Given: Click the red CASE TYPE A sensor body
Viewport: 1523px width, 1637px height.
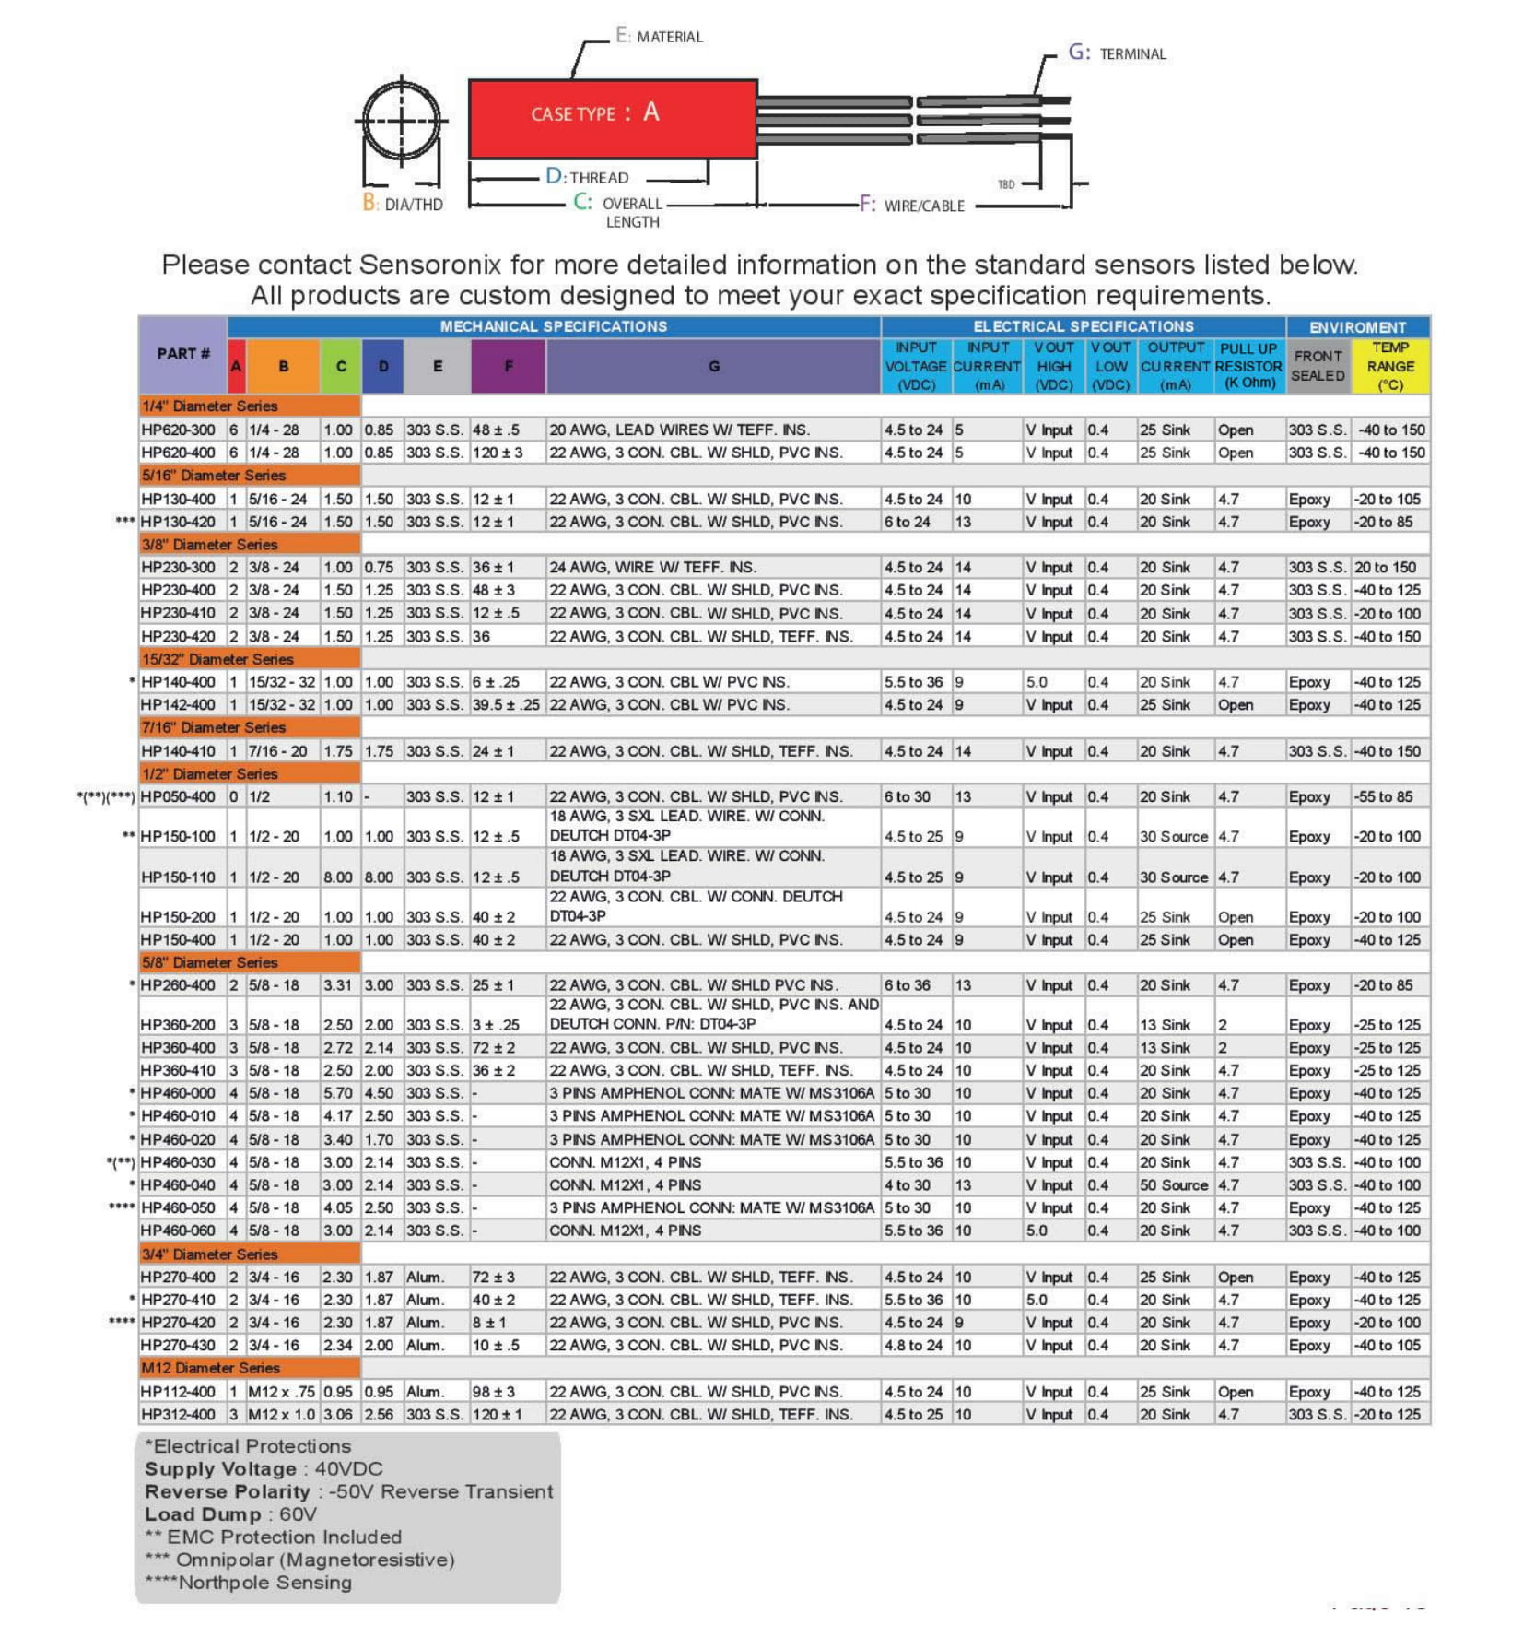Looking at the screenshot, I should (x=612, y=118).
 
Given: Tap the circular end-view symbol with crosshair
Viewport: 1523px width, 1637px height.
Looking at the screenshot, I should (x=401, y=120).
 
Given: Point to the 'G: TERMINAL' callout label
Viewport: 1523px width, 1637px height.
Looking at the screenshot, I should (x=1117, y=53).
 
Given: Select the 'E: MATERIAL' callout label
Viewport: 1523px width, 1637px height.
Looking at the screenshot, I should (x=659, y=36).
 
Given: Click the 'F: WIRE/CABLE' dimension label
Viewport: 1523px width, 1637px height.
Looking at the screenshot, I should (x=912, y=205).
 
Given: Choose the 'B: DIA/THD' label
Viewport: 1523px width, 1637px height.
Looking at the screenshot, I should (x=403, y=204).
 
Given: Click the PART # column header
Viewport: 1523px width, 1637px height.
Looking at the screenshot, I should (x=182, y=354).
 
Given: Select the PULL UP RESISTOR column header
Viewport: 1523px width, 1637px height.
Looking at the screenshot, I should (x=1248, y=366).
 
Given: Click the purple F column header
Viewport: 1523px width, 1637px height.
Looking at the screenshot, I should (x=508, y=366).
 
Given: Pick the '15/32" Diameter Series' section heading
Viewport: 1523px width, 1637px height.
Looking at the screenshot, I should (x=217, y=659).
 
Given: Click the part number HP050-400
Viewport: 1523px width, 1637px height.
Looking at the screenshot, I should (x=178, y=796).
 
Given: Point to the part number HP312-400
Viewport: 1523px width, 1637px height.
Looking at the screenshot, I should (x=178, y=1414).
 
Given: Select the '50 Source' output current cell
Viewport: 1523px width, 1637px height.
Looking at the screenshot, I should (x=1173, y=1185).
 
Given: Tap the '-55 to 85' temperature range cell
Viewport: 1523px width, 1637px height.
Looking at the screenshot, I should (x=1383, y=796).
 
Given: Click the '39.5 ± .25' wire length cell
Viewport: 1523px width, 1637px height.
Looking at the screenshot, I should (x=506, y=705).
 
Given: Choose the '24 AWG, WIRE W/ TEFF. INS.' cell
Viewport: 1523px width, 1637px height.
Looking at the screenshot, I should (x=652, y=568).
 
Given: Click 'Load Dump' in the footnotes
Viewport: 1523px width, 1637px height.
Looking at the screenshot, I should (x=203, y=1514).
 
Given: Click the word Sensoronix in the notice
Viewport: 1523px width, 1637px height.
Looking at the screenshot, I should (x=429, y=265).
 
